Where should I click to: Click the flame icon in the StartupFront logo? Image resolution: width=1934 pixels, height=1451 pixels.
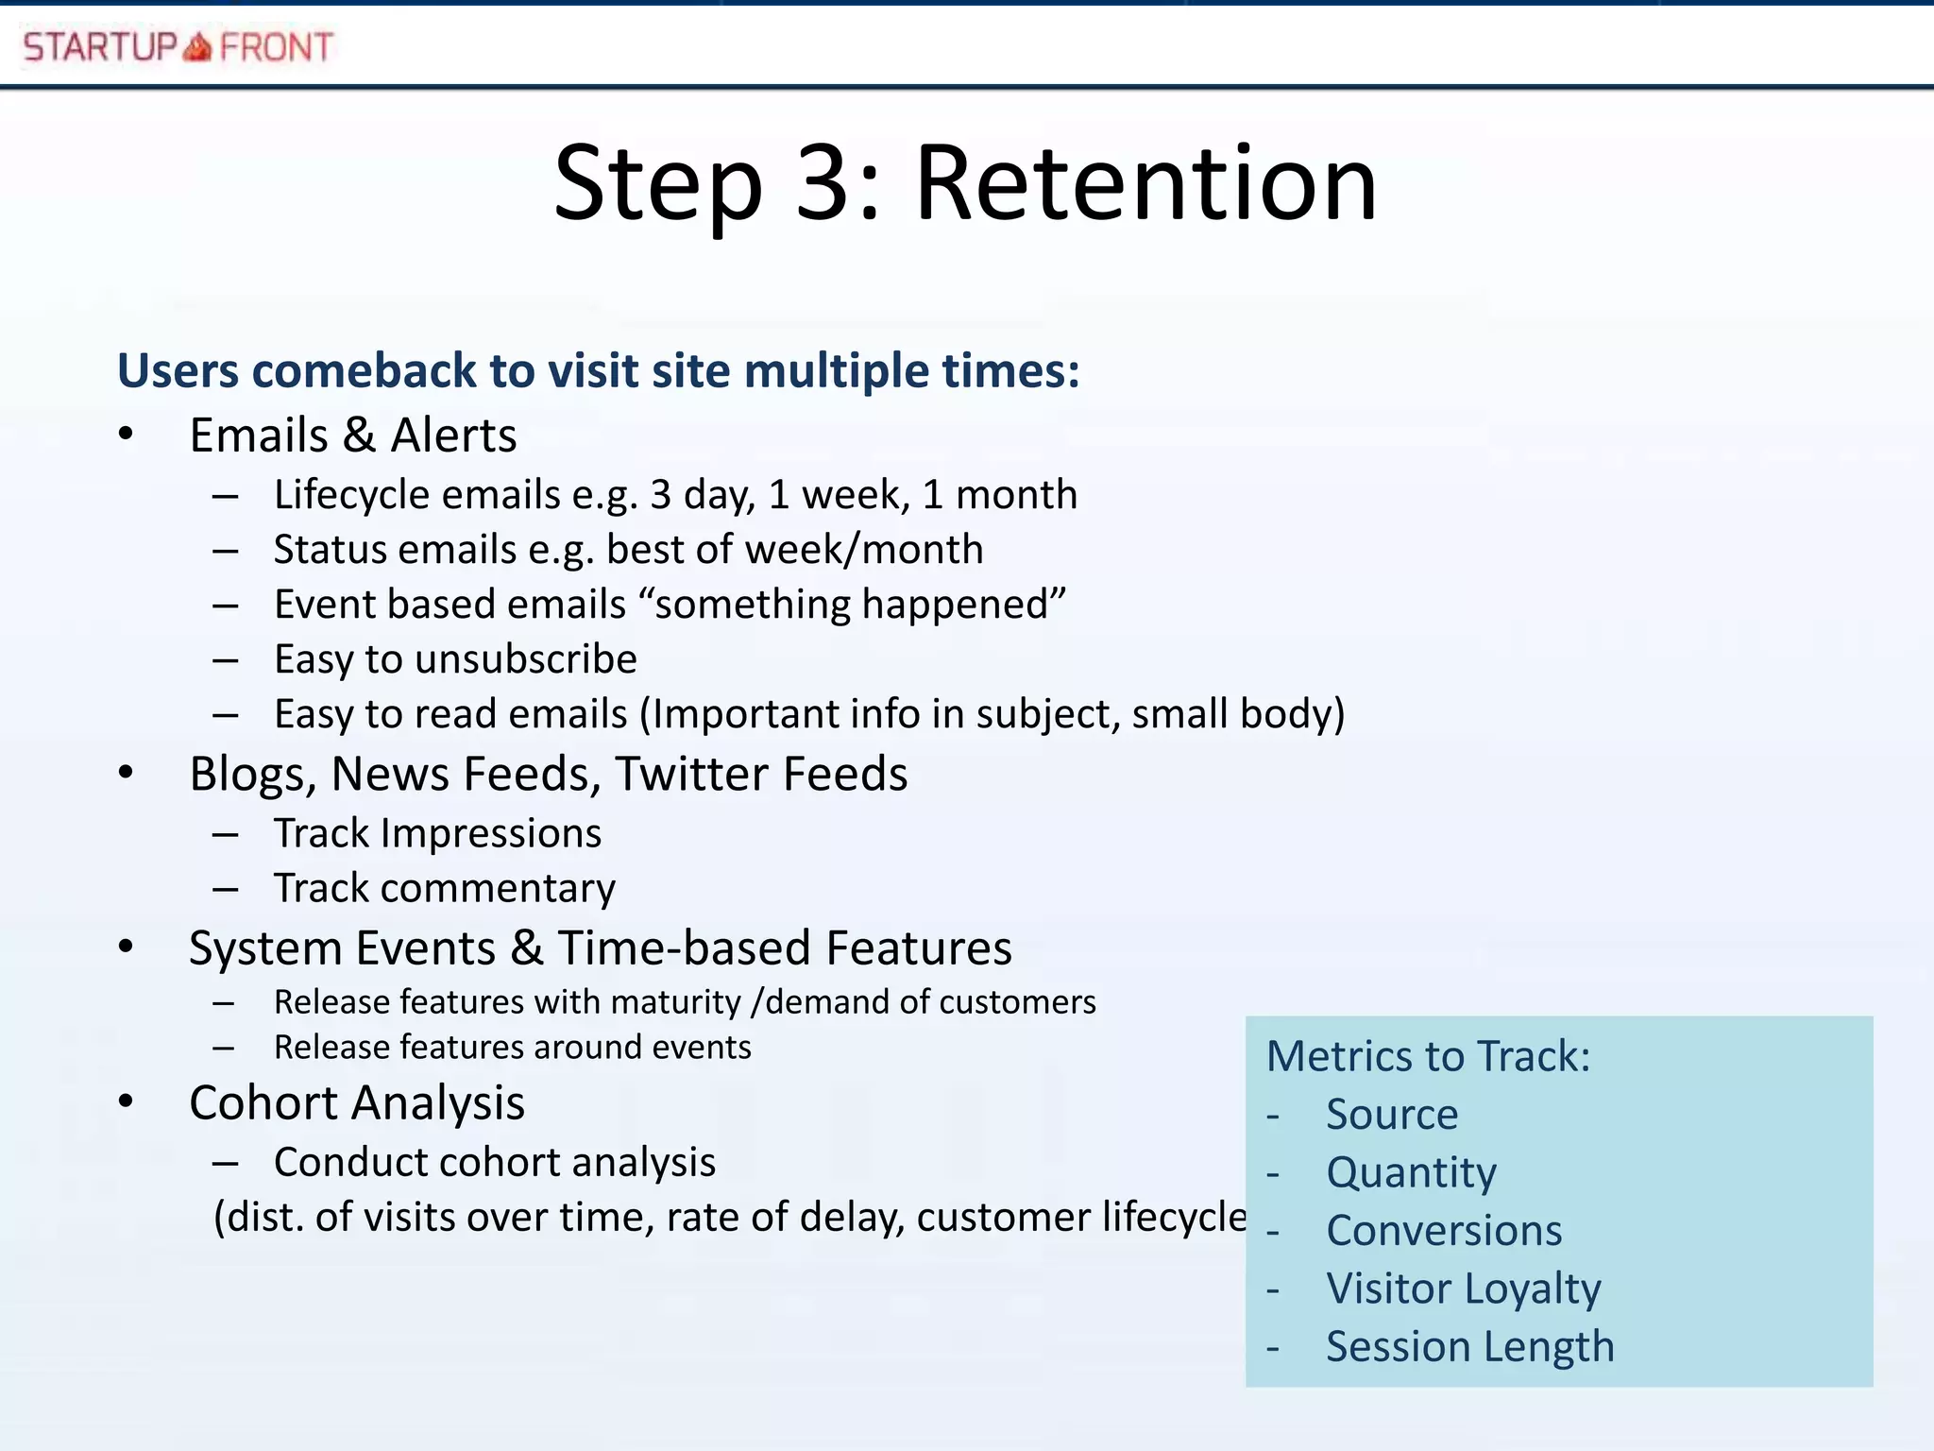pos(197,46)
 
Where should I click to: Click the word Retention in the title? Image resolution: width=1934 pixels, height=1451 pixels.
pos(1145,183)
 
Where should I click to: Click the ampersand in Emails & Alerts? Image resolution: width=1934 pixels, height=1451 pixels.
pos(359,436)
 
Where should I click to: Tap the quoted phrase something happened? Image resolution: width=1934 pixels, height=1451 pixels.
pos(859,605)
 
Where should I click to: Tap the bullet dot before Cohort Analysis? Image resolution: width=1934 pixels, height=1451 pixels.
pos(127,1101)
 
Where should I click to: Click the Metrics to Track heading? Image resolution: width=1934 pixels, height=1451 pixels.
pos(1428,1056)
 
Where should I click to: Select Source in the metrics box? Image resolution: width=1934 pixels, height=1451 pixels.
pos(1392,1115)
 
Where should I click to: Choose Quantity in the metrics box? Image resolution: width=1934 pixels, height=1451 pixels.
pos(1411,1173)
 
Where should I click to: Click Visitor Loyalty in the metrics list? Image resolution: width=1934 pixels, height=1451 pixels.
pos(1463,1289)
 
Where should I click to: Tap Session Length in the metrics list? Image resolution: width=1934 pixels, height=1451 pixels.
pos(1469,1347)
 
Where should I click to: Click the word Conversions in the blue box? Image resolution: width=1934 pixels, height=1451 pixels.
pos(1444,1231)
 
